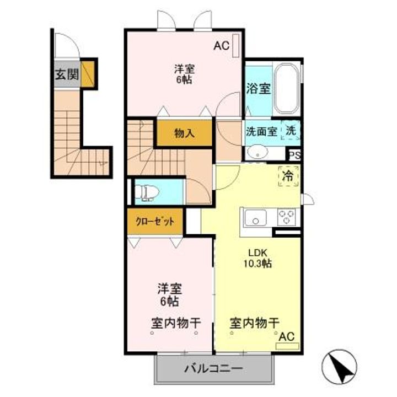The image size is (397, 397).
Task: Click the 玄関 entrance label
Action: click(66, 74)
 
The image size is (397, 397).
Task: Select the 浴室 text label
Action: click(258, 88)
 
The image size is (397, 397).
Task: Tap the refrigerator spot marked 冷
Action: click(288, 176)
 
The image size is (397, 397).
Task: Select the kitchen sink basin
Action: click(253, 217)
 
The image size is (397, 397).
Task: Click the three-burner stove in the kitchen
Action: click(286, 217)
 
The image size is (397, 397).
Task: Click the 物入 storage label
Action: click(184, 133)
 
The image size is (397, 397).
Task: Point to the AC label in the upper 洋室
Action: click(221, 47)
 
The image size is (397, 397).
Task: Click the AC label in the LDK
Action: click(287, 336)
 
